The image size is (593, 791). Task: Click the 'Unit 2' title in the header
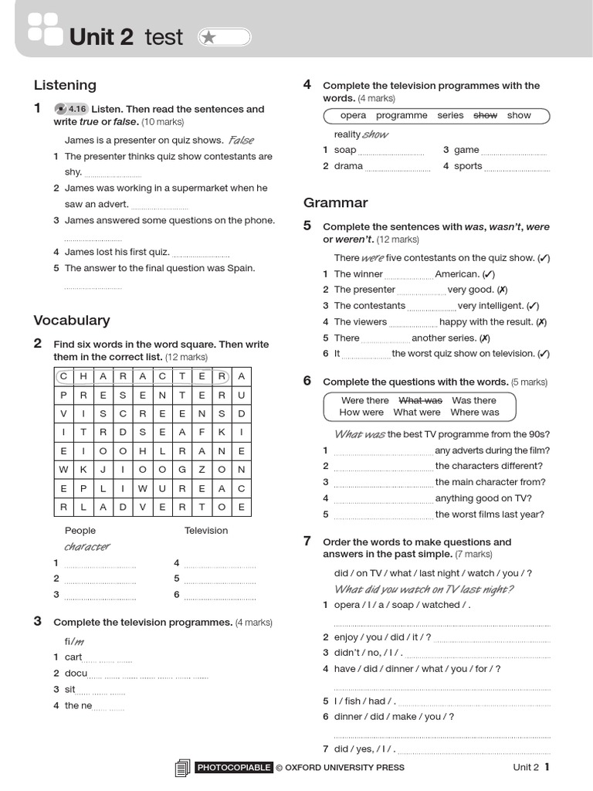coord(101,36)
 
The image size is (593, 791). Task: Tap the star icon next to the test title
coord(208,37)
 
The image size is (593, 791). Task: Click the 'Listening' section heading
coord(65,85)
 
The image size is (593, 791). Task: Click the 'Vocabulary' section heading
coord(72,320)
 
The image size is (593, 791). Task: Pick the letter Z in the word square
coord(202,469)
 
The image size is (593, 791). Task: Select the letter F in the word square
coord(202,432)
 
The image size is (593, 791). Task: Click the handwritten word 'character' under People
coord(86,547)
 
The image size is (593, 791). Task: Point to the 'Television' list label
coord(206,531)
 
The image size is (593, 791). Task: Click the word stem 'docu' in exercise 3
coord(76,673)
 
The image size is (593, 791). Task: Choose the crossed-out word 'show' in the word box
coord(485,115)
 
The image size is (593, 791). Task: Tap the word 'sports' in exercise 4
coord(468,166)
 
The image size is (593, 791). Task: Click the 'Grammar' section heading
coord(335,202)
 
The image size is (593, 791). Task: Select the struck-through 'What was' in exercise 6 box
coord(420,400)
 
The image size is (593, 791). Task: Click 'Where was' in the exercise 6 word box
coord(475,412)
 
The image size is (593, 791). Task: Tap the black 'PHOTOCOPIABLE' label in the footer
coord(234,767)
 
